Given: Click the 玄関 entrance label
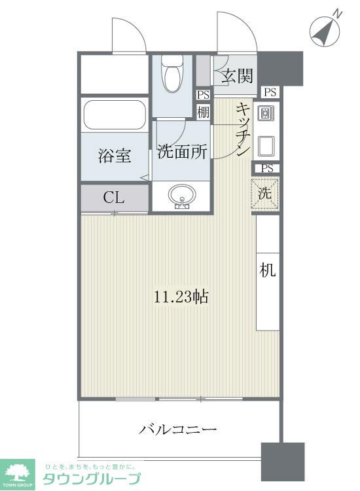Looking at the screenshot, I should click(236, 76).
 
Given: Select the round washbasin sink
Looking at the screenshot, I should click(181, 196).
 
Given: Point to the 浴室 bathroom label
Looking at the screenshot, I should click(115, 156).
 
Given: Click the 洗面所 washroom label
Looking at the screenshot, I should click(183, 152).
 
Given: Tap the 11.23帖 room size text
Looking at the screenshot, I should click(181, 296).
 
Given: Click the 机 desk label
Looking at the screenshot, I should click(268, 271).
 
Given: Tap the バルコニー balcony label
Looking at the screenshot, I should click(177, 430).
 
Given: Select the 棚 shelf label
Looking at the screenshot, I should click(203, 111).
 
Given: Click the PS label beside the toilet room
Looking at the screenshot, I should click(203, 94).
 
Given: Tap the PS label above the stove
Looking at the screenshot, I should click(269, 92).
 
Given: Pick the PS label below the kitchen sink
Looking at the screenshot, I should click(266, 168).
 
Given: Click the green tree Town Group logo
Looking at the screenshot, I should click(20, 471).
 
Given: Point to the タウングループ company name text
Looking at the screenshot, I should click(91, 479).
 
